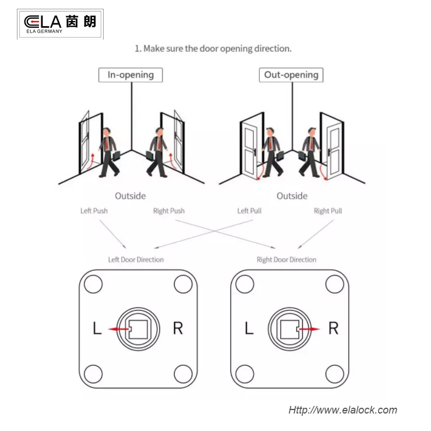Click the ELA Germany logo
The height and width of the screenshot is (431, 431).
click(60, 24)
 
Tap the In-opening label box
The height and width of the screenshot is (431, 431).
click(130, 75)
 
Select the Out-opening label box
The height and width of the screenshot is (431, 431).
click(291, 75)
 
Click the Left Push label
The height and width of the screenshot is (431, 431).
click(94, 211)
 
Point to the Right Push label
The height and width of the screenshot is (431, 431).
click(168, 211)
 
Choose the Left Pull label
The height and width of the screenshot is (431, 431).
click(249, 211)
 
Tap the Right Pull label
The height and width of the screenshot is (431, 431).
click(327, 211)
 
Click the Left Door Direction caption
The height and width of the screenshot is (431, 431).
click(136, 260)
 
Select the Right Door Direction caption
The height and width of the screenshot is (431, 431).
click(287, 260)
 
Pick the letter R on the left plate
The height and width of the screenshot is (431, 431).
click(178, 328)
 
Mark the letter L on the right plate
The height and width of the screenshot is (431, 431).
click(249, 328)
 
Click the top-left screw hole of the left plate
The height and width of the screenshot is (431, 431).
click(93, 284)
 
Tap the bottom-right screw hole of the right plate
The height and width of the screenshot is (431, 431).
click(335, 373)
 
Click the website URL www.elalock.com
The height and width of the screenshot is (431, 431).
click(342, 410)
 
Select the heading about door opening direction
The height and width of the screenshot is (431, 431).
click(213, 48)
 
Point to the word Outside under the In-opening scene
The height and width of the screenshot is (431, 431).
click(130, 196)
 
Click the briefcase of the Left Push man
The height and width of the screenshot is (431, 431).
click(116, 156)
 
